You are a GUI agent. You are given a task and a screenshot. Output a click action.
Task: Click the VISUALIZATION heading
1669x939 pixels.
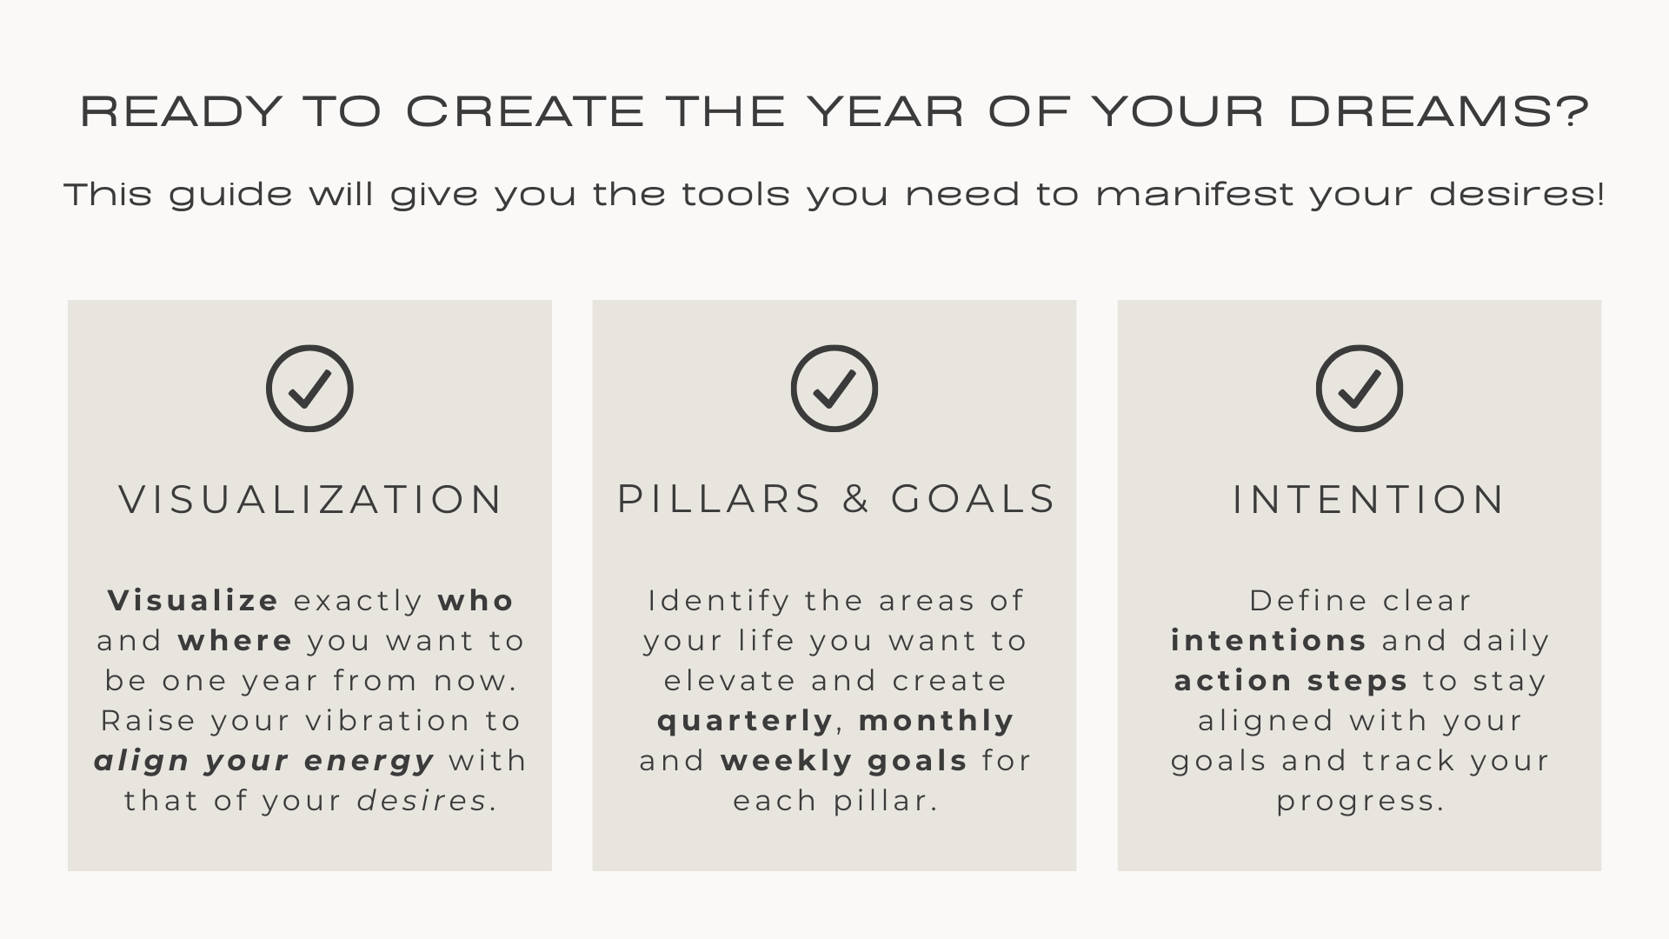[x=311, y=499]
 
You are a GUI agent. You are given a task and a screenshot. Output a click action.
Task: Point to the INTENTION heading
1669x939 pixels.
[x=1369, y=499]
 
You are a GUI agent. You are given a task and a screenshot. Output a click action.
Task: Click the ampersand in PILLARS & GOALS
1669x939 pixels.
[x=856, y=499]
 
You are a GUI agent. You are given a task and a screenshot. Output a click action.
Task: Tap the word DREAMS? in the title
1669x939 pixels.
[x=1440, y=111]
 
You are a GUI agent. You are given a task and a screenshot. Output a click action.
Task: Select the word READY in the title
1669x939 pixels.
[x=182, y=111]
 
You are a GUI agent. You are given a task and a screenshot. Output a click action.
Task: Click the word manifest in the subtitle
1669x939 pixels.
[x=1195, y=194]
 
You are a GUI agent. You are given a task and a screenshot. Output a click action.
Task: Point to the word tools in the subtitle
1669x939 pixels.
[x=735, y=194]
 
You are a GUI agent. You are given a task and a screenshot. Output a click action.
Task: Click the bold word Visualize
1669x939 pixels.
[x=193, y=600]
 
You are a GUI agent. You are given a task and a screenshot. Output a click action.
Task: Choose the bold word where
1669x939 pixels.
[x=236, y=640]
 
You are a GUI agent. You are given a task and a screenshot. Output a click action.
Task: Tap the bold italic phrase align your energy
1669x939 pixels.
[x=264, y=761]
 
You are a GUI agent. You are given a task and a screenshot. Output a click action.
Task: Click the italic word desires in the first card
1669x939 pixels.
[x=422, y=801]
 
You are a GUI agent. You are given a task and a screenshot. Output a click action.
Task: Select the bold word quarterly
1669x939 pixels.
[x=746, y=721]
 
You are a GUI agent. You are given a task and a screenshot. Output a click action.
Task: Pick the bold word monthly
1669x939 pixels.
[x=936, y=721]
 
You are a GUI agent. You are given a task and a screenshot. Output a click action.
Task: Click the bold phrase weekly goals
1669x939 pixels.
[x=844, y=761]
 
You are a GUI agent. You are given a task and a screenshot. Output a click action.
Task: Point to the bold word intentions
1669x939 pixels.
[x=1269, y=640]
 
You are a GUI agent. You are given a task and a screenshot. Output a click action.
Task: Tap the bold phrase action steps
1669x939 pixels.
[x=1291, y=681]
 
